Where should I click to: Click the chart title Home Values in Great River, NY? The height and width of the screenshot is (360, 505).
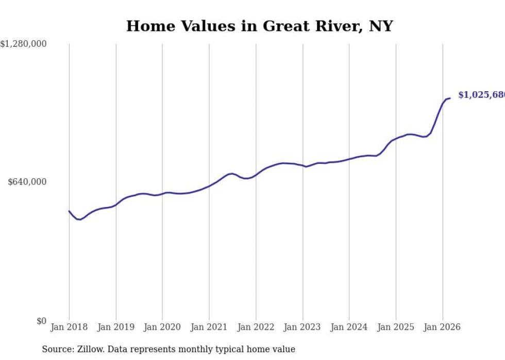tap(259, 26)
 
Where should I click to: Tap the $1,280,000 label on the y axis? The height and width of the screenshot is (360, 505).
tap(23, 44)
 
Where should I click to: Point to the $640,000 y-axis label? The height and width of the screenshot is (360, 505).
tap(27, 182)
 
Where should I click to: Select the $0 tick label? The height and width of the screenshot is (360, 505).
tap(41, 321)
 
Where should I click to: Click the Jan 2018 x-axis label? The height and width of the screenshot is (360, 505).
tap(69, 327)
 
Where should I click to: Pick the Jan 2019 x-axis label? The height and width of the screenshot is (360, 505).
tap(116, 327)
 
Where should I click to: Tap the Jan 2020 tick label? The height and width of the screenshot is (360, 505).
tap(162, 327)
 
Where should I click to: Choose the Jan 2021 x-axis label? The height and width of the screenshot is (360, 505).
tap(209, 327)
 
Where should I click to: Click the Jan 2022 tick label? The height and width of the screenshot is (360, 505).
tap(256, 327)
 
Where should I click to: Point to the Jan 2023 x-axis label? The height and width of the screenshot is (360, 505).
tap(302, 327)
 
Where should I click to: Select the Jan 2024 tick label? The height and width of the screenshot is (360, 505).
tap(349, 327)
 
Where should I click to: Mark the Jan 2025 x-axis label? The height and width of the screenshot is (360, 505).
tap(396, 327)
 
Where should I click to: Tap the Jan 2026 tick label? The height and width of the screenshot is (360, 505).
tap(442, 327)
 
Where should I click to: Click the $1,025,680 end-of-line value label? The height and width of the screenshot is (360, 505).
tap(481, 95)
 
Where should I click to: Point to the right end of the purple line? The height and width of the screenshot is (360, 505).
tap(450, 98)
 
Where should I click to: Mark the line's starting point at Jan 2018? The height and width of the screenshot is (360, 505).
tap(69, 211)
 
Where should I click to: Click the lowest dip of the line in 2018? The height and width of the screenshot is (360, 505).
tap(79, 220)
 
